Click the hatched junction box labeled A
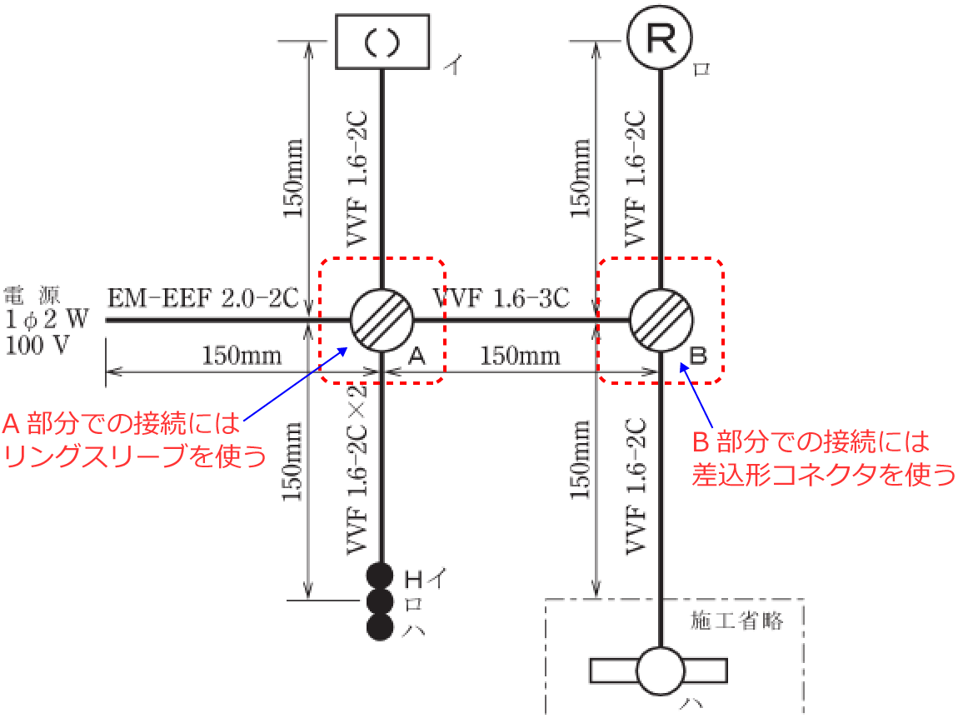click(x=382, y=320)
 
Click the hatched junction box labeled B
click(x=661, y=320)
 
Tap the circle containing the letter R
click(x=660, y=37)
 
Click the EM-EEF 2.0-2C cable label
click(x=202, y=298)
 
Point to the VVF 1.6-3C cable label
click(x=501, y=298)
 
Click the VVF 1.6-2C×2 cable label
click(x=357, y=469)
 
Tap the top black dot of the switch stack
click(x=379, y=576)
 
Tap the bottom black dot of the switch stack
click(x=379, y=627)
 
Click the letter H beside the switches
click(x=414, y=579)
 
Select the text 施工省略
click(x=737, y=621)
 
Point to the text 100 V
click(x=37, y=345)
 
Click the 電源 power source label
click(x=32, y=296)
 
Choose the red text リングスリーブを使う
click(x=135, y=456)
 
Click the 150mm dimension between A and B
click(x=520, y=356)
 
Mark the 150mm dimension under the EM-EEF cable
click(x=242, y=356)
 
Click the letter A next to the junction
click(x=417, y=356)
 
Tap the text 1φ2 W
click(x=47, y=319)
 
